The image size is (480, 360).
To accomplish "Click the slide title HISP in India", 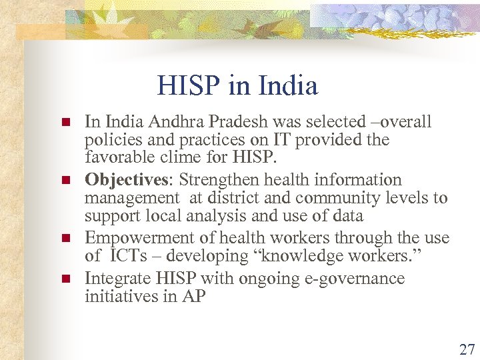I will [x=237, y=86].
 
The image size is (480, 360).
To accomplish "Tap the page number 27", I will [x=467, y=349].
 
